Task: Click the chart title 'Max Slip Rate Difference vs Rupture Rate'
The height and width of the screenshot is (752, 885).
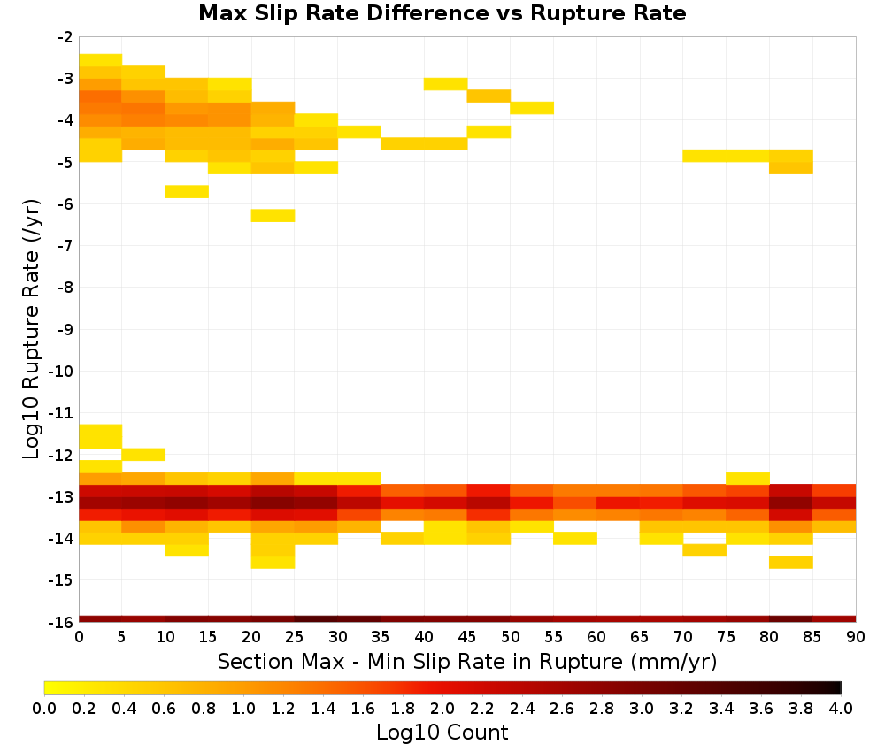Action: click(x=442, y=13)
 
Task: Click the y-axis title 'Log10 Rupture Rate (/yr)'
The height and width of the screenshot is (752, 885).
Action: click(x=31, y=329)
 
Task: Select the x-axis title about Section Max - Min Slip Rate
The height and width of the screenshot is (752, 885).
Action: click(x=467, y=662)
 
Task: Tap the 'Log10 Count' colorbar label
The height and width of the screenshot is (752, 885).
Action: click(x=442, y=733)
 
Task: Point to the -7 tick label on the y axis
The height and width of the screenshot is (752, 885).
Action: click(x=65, y=245)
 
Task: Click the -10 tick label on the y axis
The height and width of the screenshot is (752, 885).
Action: click(x=61, y=372)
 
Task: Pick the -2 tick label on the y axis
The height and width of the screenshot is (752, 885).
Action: click(x=65, y=37)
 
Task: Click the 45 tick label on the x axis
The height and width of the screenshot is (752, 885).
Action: click(x=467, y=637)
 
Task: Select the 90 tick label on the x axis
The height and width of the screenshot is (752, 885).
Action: click(x=856, y=637)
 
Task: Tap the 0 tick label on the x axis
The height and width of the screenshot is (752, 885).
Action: click(x=79, y=637)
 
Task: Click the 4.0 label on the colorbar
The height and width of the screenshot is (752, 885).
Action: click(x=841, y=708)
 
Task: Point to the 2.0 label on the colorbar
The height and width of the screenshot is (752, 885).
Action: click(x=442, y=708)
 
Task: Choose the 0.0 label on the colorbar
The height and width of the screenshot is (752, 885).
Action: click(x=44, y=708)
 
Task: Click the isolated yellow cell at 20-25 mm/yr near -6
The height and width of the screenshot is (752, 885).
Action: click(x=273, y=216)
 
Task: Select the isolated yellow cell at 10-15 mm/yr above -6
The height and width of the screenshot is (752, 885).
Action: click(x=187, y=192)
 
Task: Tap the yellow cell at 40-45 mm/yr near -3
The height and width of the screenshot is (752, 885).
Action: click(x=446, y=84)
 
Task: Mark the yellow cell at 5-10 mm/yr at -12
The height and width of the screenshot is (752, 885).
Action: click(x=144, y=455)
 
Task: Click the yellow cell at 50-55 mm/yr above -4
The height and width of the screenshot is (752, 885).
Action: click(x=532, y=108)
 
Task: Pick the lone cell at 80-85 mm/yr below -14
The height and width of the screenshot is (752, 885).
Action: click(x=791, y=563)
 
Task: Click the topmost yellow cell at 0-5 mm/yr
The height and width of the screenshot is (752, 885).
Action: click(x=101, y=60)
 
